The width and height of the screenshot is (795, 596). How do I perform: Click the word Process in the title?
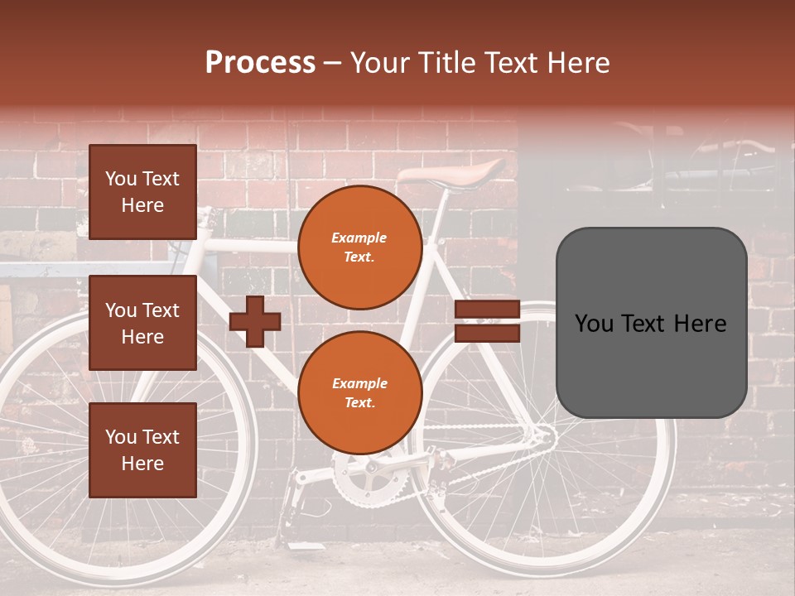pyautogui.click(x=260, y=63)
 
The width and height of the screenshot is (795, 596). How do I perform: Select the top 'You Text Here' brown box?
pyautogui.click(x=142, y=192)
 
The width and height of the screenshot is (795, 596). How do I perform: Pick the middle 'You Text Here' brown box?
pyautogui.click(x=142, y=323)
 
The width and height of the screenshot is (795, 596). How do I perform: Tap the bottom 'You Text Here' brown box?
pyautogui.click(x=142, y=450)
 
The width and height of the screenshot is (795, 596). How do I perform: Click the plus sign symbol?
pyautogui.click(x=255, y=320)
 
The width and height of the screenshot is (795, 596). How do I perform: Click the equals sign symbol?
pyautogui.click(x=487, y=321)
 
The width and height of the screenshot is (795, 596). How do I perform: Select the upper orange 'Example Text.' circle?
pyautogui.click(x=359, y=247)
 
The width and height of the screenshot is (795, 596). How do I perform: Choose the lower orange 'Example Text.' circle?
pyautogui.click(x=359, y=392)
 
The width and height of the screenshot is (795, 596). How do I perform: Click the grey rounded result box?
pyautogui.click(x=651, y=323)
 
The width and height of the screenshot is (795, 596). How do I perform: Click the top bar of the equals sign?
pyautogui.click(x=487, y=310)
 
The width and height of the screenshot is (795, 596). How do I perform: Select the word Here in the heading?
pyautogui.click(x=579, y=63)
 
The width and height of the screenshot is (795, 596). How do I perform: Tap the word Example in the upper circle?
pyautogui.click(x=359, y=238)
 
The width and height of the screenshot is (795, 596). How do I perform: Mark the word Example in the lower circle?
pyautogui.click(x=359, y=383)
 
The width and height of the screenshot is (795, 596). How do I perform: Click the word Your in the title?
pyautogui.click(x=381, y=63)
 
